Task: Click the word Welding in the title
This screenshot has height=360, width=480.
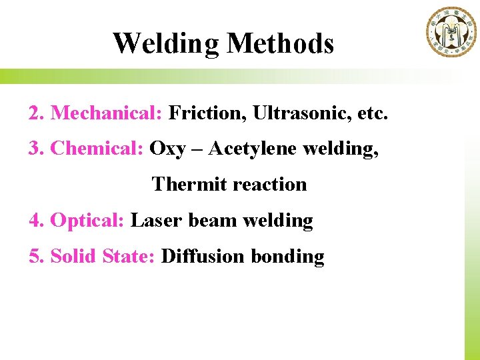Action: [x=165, y=44]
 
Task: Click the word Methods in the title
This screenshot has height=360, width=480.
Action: [x=280, y=44]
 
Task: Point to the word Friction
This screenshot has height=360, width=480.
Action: [x=207, y=113]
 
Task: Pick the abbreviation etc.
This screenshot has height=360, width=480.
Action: [x=372, y=113]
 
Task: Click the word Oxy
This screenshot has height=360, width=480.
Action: [x=167, y=149]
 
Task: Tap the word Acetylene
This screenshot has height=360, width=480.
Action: [x=253, y=149]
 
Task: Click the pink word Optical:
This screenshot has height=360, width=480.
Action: [x=87, y=220]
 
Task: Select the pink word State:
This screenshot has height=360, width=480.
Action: [x=129, y=256]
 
